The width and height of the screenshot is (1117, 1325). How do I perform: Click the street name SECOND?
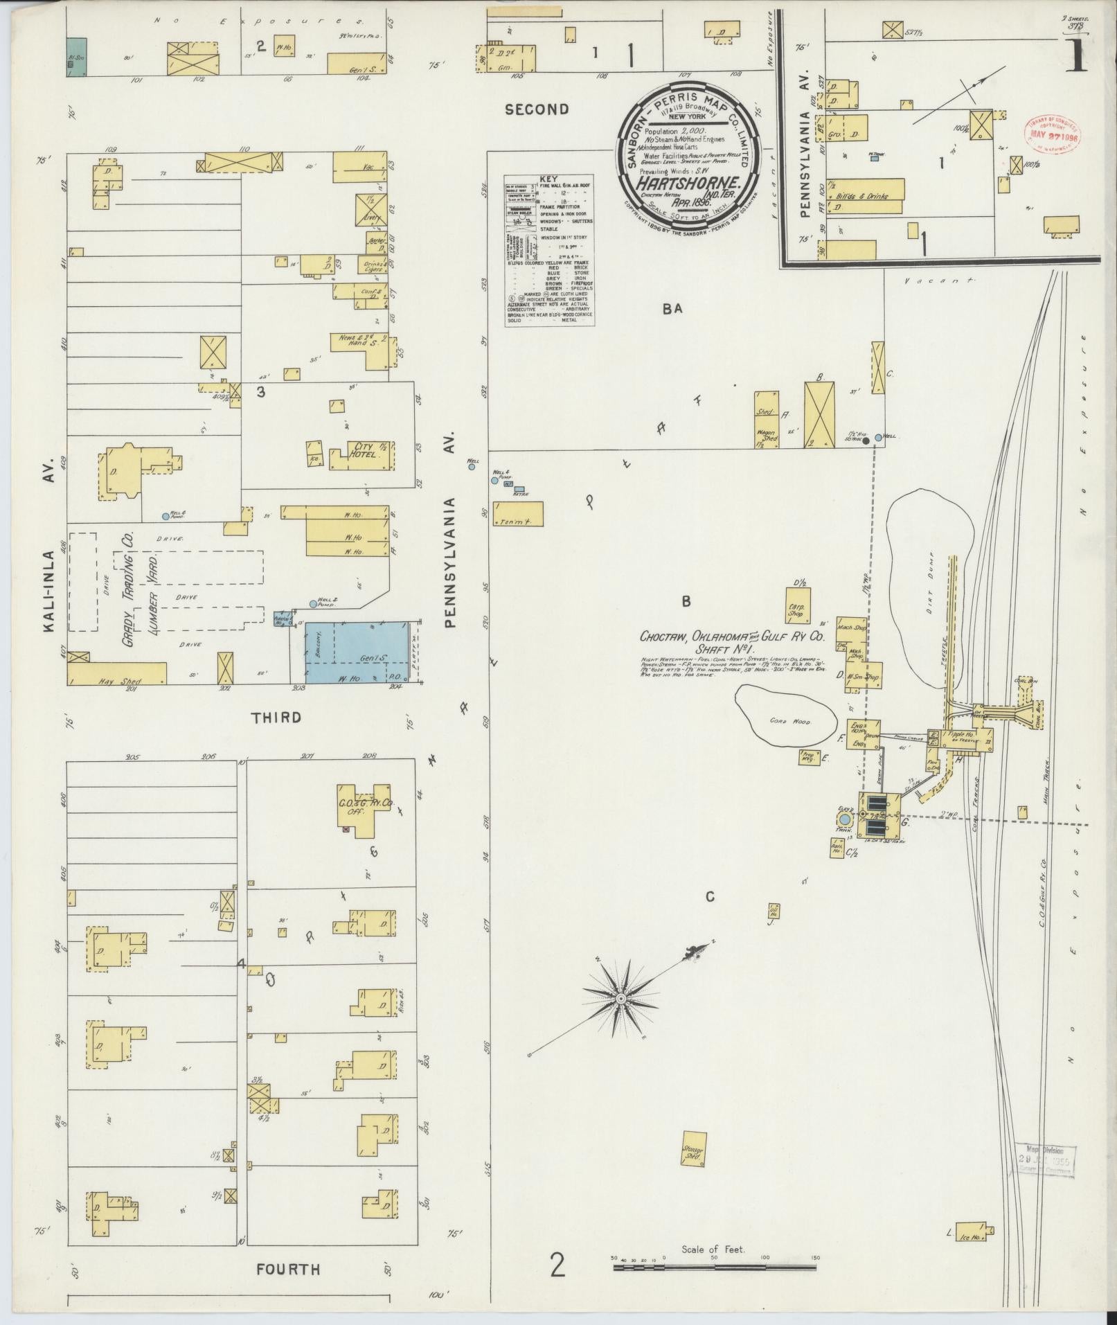pyautogui.click(x=537, y=109)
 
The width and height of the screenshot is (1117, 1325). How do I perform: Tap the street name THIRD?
pyautogui.click(x=276, y=718)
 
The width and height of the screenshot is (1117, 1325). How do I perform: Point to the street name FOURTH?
pyautogui.click(x=288, y=1270)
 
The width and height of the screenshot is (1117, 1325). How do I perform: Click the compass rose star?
pyautogui.click(x=621, y=998)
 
